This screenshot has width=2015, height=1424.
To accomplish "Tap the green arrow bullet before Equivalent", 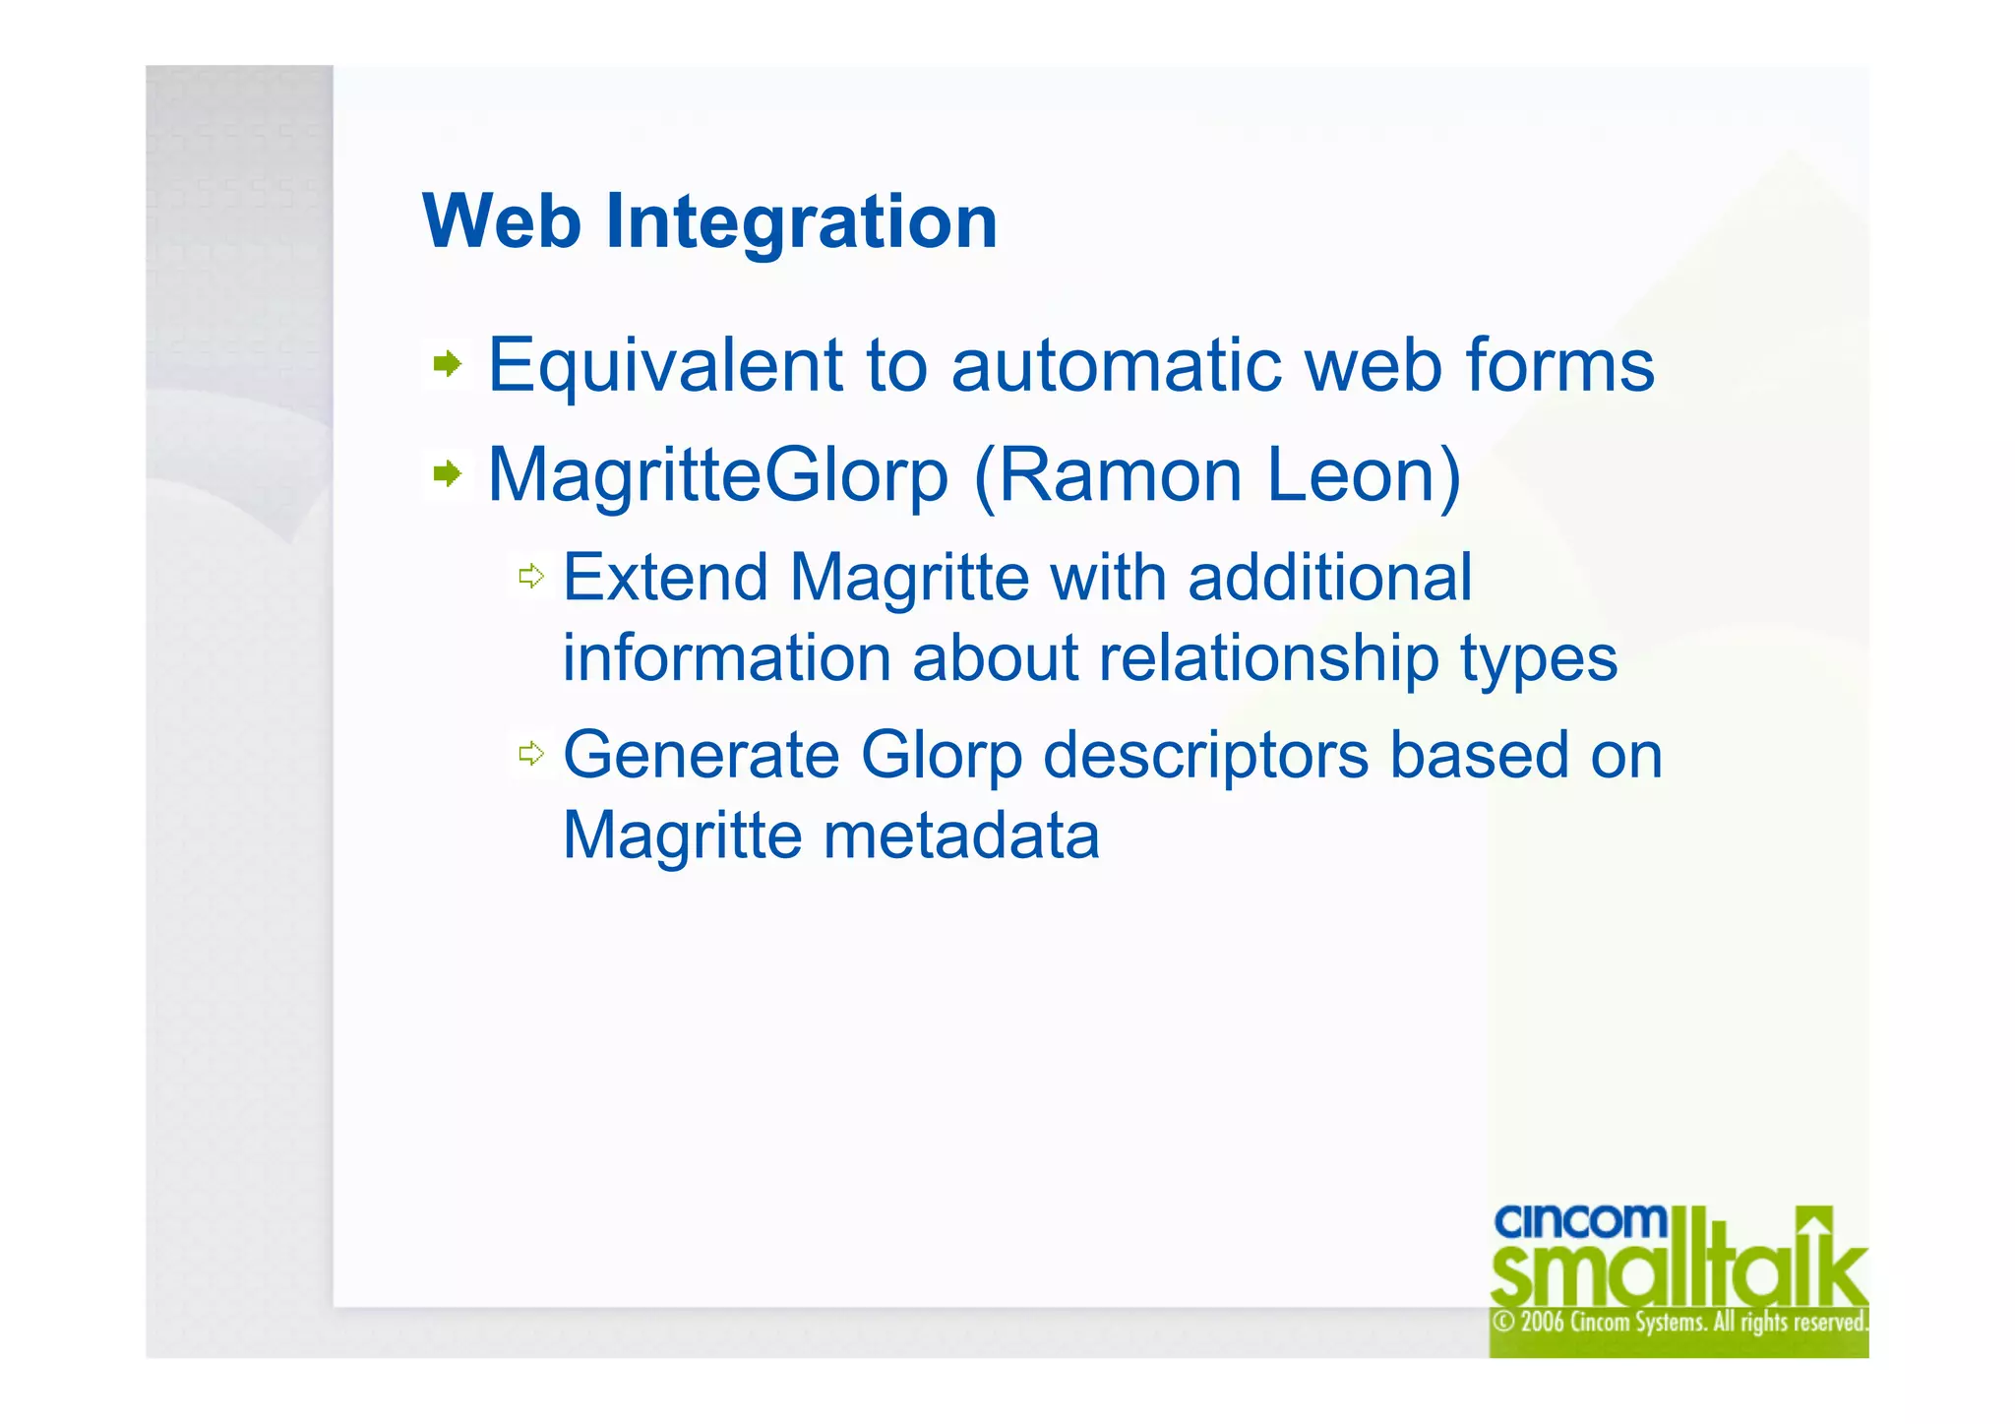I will pos(448,365).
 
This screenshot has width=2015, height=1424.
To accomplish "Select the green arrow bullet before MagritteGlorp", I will pos(448,475).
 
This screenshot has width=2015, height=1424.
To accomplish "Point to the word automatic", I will pos(1116,366).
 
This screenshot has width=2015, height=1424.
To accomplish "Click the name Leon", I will pos(1353,476).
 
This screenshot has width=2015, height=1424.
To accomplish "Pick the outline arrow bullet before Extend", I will pos(531,577).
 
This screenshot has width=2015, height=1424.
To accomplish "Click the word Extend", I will pos(665,578).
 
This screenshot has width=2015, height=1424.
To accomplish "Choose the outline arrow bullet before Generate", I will pos(531,755).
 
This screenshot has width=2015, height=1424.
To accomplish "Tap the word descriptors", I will pos(1205,757).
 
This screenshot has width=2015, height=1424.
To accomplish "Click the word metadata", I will pos(960,836).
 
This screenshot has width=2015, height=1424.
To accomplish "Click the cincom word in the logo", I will pos(1580,1222).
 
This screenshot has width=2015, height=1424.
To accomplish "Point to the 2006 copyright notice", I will pos(1679,1322).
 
